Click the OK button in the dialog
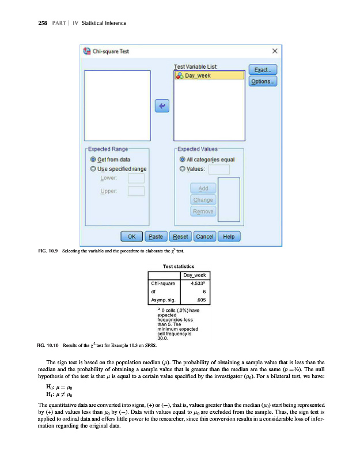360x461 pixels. click(132, 236)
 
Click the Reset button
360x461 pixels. click(180, 236)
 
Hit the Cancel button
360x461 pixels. click(205, 236)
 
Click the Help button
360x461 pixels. click(229, 236)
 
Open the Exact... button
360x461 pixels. click(263, 70)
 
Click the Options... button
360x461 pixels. click(263, 82)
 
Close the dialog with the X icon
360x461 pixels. click(275, 51)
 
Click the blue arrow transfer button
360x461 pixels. click(161, 106)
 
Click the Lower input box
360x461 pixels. click(136, 179)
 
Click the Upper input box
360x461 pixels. click(136, 191)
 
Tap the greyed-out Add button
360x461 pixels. click(203, 189)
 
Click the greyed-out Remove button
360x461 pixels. click(203, 211)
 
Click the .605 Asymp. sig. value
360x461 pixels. click(195, 301)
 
